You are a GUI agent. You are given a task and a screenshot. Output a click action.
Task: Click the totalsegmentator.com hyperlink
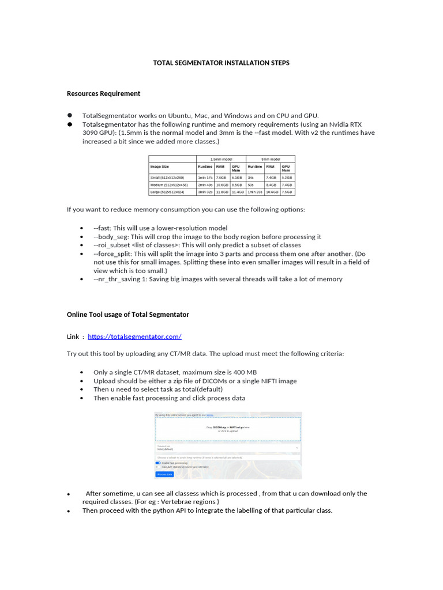134,336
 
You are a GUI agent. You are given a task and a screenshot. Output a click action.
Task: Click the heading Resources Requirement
103,93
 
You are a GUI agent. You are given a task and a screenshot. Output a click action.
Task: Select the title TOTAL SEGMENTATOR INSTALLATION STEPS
221,63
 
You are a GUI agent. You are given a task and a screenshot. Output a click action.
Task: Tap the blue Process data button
164,474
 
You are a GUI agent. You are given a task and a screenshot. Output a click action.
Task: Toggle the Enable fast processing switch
158,463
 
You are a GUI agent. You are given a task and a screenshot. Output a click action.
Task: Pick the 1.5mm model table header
221,158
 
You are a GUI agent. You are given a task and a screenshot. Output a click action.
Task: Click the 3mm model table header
271,158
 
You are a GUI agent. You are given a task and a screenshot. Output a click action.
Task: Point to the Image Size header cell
160,167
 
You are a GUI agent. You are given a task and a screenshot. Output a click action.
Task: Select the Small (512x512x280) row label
167,177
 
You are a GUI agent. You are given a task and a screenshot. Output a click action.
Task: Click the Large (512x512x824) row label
167,191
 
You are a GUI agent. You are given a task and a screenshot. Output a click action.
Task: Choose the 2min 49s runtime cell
205,184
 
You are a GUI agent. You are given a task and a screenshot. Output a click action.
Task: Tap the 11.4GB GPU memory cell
238,191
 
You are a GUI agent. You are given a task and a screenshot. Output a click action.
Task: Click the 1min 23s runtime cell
255,191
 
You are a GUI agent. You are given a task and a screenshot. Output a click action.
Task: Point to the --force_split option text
114,254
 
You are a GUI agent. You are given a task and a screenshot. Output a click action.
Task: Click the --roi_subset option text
114,245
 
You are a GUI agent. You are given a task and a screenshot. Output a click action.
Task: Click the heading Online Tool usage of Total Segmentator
127,315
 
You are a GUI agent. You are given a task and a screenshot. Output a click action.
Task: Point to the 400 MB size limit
245,372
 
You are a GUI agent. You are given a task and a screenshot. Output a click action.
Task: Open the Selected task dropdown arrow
297,447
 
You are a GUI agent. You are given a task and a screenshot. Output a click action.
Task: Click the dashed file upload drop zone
228,429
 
